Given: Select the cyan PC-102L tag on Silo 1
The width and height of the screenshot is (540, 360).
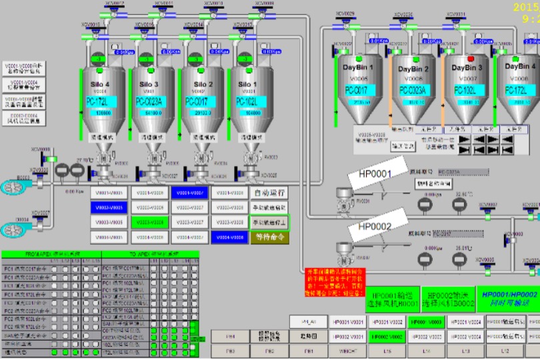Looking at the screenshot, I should (246, 101).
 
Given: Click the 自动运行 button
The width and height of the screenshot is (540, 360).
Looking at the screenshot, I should (269, 193).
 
